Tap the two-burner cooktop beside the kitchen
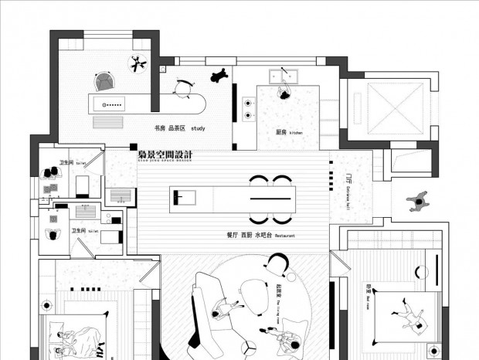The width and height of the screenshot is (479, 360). pos(247,108)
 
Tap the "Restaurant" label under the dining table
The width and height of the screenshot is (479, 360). pos(284,235)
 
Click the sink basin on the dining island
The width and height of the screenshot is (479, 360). pos(182,196)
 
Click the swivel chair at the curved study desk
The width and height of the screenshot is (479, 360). pos(182,90)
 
